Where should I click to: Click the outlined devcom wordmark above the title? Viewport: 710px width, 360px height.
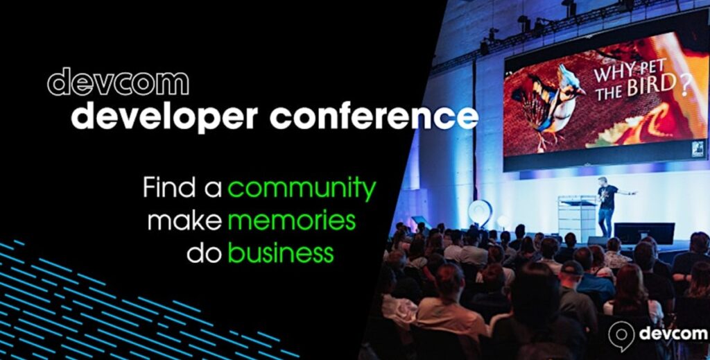pos(118,82)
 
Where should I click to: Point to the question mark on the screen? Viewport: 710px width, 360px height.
pos(685,85)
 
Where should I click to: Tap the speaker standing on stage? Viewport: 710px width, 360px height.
pos(608,205)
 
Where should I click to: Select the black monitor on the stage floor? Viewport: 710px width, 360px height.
pos(644,233)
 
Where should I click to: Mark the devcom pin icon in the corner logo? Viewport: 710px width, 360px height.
pos(621,336)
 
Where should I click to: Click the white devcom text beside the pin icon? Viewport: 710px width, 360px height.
pos(673,334)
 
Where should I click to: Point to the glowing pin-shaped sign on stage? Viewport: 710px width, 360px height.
pos(480,213)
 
